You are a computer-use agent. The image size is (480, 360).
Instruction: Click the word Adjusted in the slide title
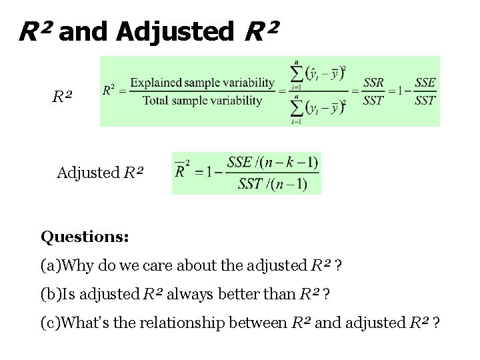[174, 32]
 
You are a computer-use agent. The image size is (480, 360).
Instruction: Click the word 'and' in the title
[83, 32]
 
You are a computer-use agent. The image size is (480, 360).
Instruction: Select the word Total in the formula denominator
[156, 101]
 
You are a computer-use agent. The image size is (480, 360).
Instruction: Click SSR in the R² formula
[373, 83]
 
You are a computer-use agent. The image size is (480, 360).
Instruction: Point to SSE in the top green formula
[425, 83]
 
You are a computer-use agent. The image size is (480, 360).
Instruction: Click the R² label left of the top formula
[61, 97]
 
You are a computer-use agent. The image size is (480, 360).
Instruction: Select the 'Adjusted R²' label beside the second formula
[99, 173]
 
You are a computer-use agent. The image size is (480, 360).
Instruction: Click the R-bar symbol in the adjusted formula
[180, 171]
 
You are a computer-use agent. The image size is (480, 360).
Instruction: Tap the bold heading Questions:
[85, 237]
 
